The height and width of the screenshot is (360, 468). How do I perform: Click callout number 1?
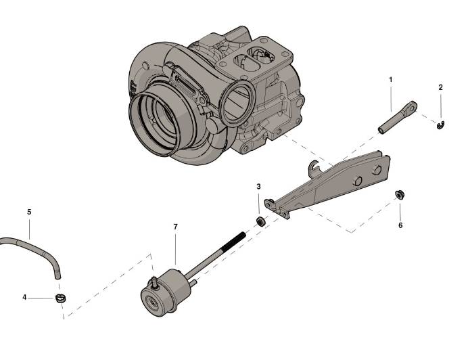(390, 80)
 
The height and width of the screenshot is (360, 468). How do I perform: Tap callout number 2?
(440, 87)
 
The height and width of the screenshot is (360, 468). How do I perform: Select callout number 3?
(258, 186)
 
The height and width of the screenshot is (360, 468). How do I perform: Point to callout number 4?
(24, 296)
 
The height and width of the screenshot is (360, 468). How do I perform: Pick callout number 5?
(29, 212)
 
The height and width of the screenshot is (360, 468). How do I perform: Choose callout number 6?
(400, 225)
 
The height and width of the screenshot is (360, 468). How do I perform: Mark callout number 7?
(175, 227)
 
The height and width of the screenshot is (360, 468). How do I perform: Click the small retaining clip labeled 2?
(440, 124)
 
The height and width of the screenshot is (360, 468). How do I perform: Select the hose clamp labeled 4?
(61, 298)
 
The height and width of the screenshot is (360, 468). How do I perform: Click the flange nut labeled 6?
(399, 195)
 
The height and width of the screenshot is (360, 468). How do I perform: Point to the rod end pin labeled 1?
(398, 117)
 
